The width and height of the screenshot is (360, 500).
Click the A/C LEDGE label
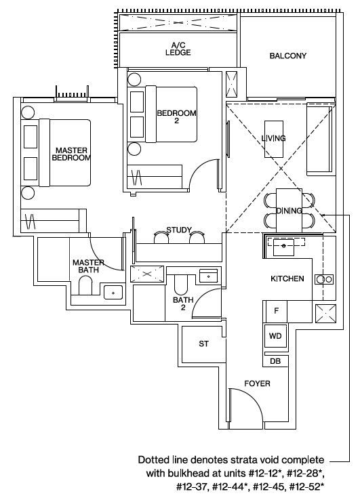(178, 49)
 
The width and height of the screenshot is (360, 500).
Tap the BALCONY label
(287, 56)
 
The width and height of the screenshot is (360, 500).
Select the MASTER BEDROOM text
(71, 154)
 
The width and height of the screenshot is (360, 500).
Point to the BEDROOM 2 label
(176, 117)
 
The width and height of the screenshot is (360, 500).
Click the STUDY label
(179, 230)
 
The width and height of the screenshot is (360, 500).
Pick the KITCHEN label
(287, 278)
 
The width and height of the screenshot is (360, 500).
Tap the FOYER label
(257, 383)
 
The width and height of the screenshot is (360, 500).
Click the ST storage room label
(203, 343)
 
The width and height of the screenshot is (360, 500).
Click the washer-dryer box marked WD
(275, 336)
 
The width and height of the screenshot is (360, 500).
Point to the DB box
(275, 361)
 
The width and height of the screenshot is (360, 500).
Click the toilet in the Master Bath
(85, 285)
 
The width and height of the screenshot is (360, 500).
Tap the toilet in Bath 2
(181, 285)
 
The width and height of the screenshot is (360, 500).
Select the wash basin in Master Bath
(113, 293)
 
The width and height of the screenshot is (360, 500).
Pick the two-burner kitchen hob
(324, 280)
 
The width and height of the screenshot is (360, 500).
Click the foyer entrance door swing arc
(252, 398)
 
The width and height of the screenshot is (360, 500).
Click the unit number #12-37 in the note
(192, 486)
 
